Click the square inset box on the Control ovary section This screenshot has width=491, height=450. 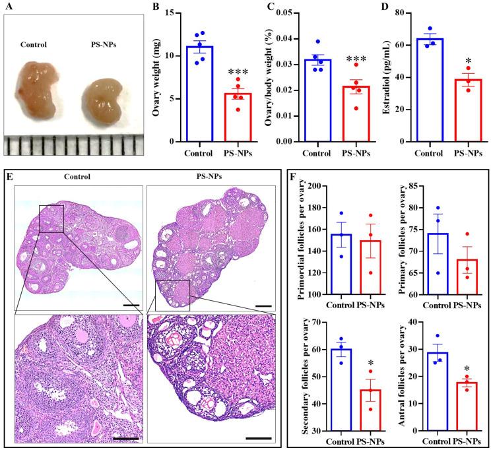click(51, 218)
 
